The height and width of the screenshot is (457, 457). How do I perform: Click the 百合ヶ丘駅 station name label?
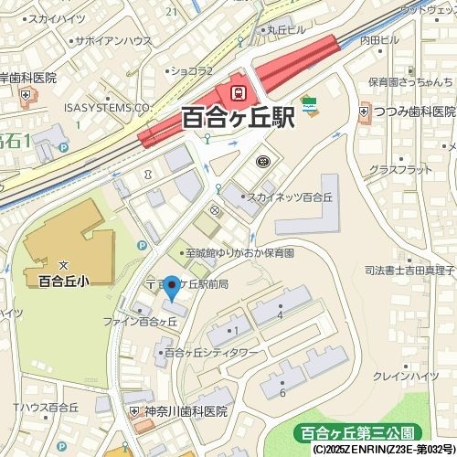pyautogui.click(x=238, y=118)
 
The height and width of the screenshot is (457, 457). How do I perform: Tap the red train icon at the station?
pyautogui.click(x=239, y=92)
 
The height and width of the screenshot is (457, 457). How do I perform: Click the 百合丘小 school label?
pyautogui.click(x=63, y=281)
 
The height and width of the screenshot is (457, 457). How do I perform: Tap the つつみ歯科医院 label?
pyautogui.click(x=412, y=112)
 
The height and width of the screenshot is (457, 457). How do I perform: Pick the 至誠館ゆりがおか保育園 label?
pyautogui.click(x=240, y=252)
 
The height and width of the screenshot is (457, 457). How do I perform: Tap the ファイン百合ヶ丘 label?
pyautogui.click(x=139, y=322)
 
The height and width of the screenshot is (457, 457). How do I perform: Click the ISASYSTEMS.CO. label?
pyautogui.click(x=106, y=107)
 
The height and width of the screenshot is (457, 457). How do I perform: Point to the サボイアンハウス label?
pyautogui.click(x=112, y=41)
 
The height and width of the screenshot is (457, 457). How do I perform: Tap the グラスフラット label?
pyautogui.click(x=399, y=170)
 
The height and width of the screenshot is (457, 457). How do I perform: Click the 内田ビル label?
pyautogui.click(x=380, y=40)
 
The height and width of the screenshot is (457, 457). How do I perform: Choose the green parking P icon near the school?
pyautogui.click(x=142, y=245)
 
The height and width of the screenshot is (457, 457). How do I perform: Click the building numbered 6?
pyautogui.click(x=283, y=392)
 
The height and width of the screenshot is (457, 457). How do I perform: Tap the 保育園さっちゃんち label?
pyautogui.click(x=410, y=81)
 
